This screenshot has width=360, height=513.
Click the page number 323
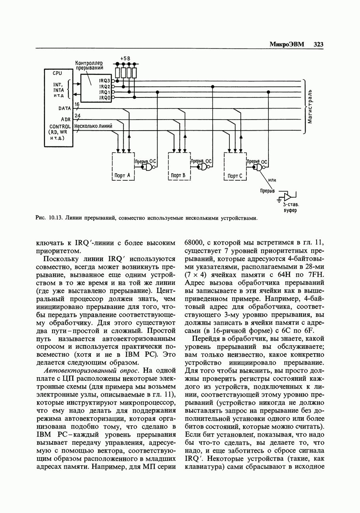tap(319, 44)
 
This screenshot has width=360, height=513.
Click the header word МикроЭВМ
tap(287, 44)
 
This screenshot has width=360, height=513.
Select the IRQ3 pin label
tap(104, 81)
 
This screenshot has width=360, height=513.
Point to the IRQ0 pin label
tap(104, 97)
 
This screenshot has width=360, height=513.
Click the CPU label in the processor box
tap(57, 73)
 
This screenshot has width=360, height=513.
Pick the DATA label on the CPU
tap(64, 108)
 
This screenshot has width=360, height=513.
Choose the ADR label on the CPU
tap(66, 119)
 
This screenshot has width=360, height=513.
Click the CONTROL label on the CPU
tap(60, 126)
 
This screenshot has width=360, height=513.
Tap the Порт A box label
tap(123, 175)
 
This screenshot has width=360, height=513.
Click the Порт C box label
tap(234, 176)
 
